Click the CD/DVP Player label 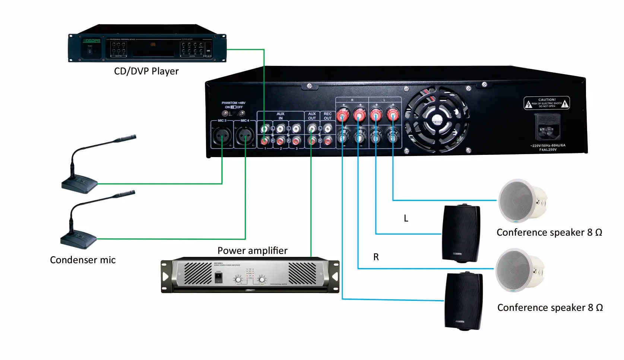tap(146, 71)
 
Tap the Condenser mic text tap(83, 260)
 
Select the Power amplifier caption tap(252, 251)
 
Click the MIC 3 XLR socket tap(222, 136)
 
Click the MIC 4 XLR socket tap(245, 136)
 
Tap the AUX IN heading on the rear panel tap(280, 116)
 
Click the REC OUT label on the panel tap(327, 116)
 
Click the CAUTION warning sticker tap(547, 103)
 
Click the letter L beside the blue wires tap(406, 219)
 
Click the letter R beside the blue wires tap(376, 257)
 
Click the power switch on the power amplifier tap(219, 278)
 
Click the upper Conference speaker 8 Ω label tap(549, 233)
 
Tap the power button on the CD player tap(89, 51)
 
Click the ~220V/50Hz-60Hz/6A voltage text tap(548, 146)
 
